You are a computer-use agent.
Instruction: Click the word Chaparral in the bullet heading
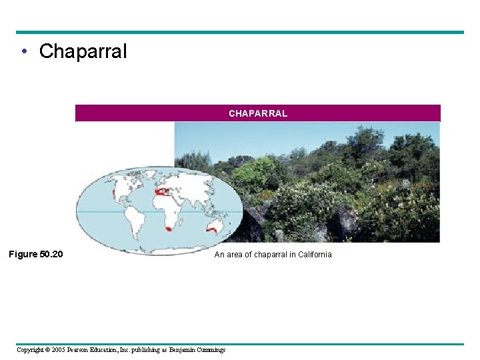[x=83, y=51]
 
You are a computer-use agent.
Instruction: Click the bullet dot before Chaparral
[x=24, y=52]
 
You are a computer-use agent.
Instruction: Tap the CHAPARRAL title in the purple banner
[x=258, y=113]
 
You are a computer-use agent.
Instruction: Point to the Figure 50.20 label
[x=35, y=254]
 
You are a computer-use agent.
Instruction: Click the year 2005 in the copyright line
[x=60, y=349]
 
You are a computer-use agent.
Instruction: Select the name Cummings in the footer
[x=209, y=349]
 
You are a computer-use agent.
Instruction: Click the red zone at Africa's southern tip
[x=168, y=229]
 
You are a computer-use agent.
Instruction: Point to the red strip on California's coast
[x=114, y=193]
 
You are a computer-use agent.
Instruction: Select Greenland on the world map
[x=149, y=175]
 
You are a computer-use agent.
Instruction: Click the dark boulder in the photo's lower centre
[x=343, y=223]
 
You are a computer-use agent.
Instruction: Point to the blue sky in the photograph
[x=267, y=137]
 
